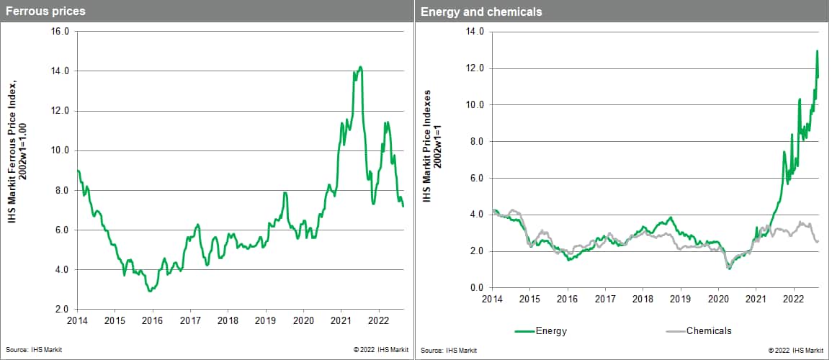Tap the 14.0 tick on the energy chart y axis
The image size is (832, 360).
click(475, 32)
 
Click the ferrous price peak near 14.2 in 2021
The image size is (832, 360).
click(360, 67)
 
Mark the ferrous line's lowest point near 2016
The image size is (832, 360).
click(149, 291)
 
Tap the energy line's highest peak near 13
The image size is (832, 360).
click(817, 51)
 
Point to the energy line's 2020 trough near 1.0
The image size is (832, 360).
click(729, 269)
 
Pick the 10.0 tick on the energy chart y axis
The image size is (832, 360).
click(475, 104)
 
